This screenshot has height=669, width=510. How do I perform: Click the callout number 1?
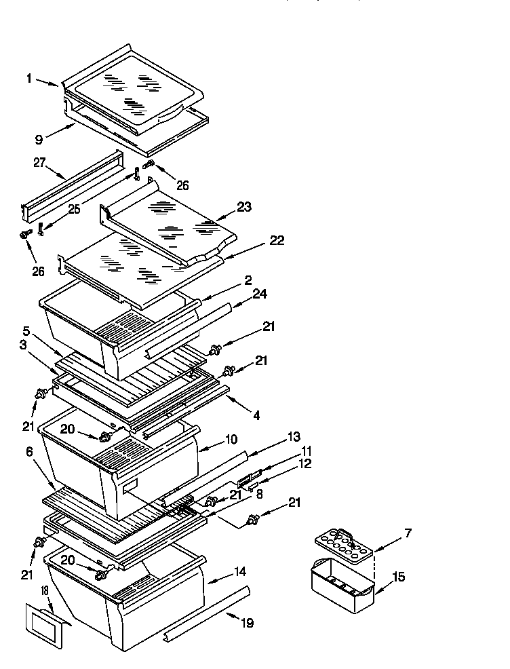tap(30, 78)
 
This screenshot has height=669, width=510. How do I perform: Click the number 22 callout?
tap(276, 241)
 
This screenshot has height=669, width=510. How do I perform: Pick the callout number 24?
tap(260, 294)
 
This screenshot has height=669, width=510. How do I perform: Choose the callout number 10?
tap(231, 440)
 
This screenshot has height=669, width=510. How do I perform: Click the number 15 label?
tap(400, 577)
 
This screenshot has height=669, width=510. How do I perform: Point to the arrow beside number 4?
tap(233, 404)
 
